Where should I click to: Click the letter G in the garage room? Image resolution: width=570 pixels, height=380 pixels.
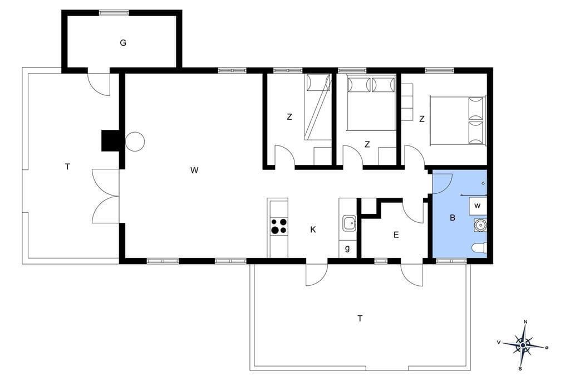123,43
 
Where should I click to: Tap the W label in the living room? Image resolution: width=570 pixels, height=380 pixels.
194,170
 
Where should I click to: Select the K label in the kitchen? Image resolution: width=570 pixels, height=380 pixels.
313,230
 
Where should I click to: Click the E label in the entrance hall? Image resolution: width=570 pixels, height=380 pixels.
396,235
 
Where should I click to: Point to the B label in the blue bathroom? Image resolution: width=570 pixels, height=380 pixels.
453,218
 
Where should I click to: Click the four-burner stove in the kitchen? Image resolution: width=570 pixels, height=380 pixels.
279,226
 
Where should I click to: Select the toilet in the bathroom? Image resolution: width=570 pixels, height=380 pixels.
479,248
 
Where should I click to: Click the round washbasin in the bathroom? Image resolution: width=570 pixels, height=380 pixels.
480,225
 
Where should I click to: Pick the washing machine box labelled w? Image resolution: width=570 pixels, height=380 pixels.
478,206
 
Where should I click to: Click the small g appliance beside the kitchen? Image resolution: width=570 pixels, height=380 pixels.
348,249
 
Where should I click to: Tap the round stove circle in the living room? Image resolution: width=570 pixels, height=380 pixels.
135,141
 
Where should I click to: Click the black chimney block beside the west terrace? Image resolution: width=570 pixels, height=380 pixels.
110,140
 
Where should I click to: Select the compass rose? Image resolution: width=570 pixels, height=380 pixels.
523,345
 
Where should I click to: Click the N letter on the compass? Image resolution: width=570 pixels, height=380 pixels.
525,321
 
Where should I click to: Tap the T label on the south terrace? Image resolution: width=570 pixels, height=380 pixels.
360,319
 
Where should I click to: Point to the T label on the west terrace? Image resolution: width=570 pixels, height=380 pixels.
67,167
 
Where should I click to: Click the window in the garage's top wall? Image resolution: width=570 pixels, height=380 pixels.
114,13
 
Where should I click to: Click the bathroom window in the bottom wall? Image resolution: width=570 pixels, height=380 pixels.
451,261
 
